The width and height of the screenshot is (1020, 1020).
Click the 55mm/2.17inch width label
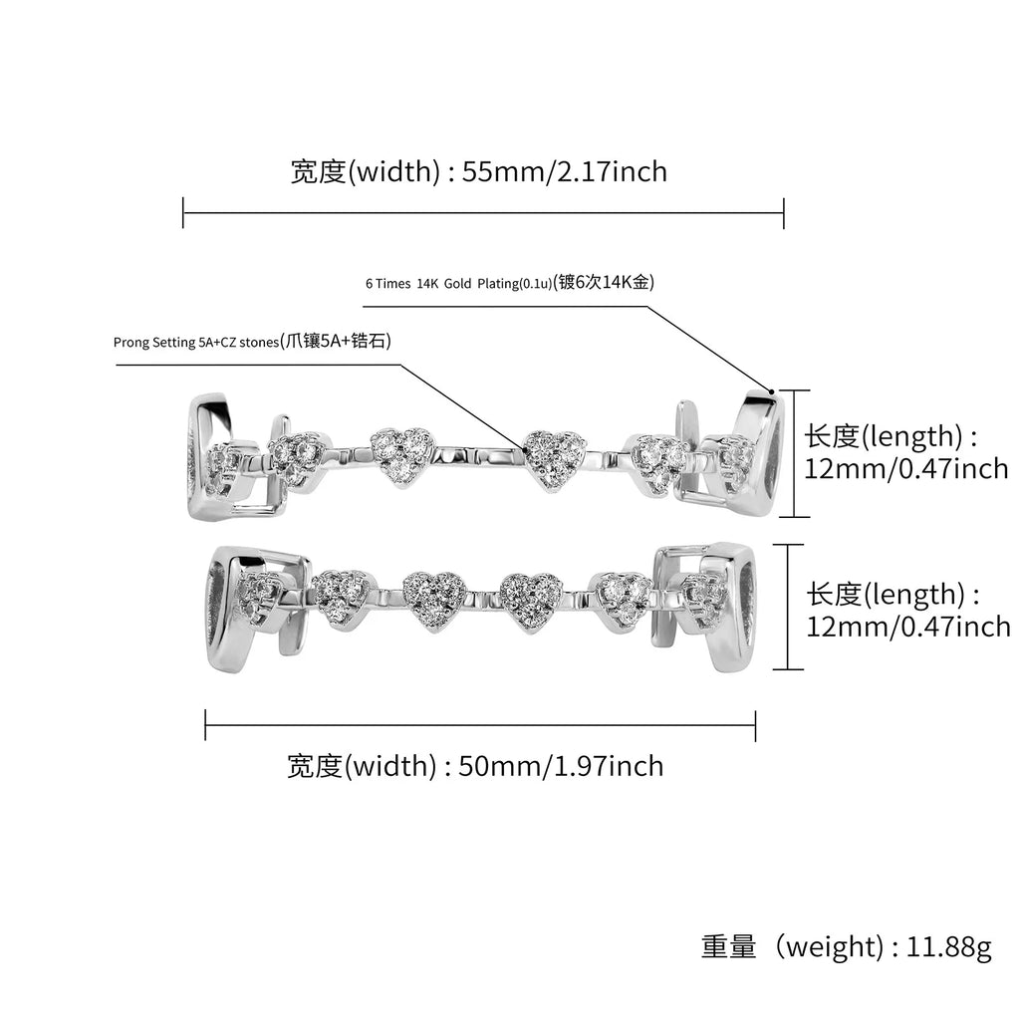pos(478,171)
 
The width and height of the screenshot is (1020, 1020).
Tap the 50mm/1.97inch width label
pos(475,765)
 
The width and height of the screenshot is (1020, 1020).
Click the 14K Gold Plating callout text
pos(509,283)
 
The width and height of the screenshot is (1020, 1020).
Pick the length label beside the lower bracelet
pos(907,610)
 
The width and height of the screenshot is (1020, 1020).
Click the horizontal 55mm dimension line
pos(483,212)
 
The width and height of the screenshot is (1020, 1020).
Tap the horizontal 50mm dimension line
pos(479,725)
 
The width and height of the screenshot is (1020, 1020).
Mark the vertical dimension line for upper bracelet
pos(794,453)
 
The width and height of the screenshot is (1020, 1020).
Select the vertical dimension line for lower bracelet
pos(788,607)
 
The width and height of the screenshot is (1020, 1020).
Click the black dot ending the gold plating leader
pos(771,390)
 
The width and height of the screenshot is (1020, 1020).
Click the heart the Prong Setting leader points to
pos(553,457)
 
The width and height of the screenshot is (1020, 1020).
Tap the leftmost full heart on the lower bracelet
pos(342,596)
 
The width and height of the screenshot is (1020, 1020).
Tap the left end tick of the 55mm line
pos(183,212)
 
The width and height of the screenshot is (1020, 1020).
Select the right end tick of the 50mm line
pos(755,725)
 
